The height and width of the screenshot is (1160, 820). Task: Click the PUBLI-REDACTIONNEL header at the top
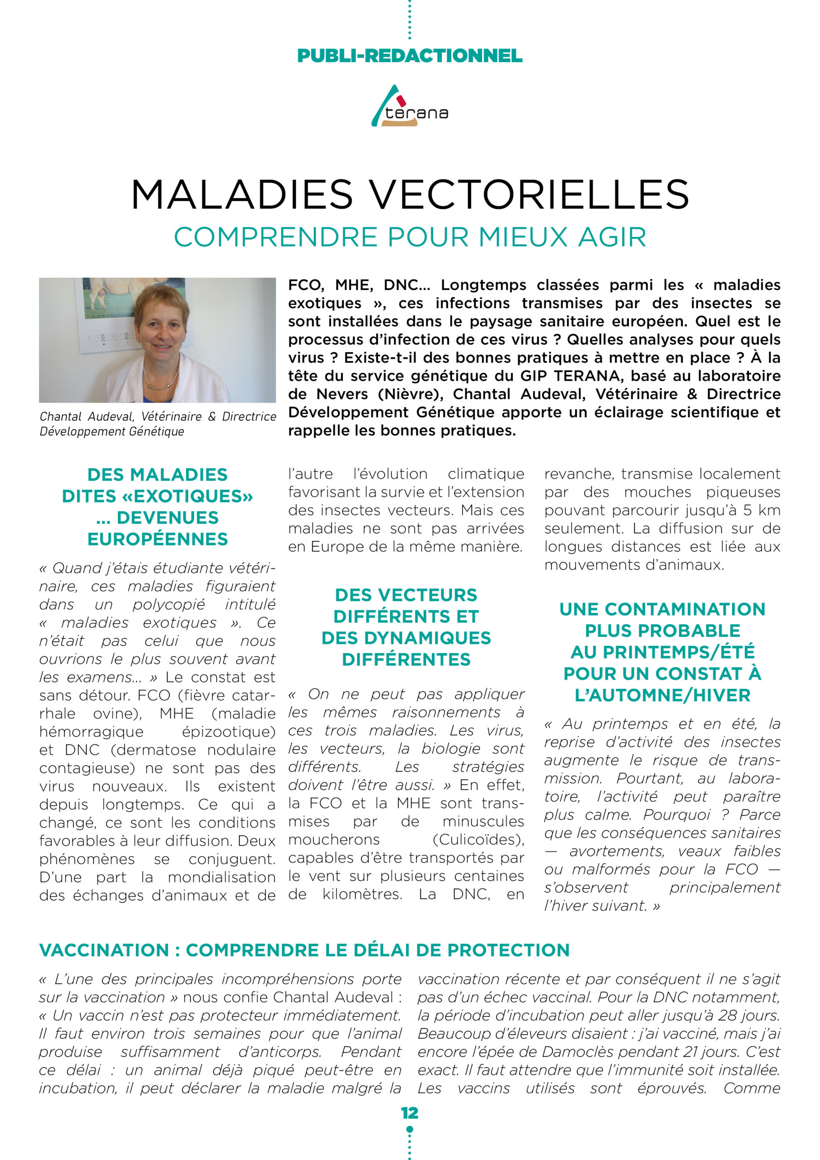pyautogui.click(x=410, y=56)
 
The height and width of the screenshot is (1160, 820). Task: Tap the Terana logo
pyautogui.click(x=410, y=107)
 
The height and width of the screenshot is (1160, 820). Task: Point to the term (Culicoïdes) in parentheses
pyautogui.click(x=478, y=840)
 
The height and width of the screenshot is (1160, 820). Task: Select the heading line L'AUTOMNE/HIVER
pyautogui.click(x=662, y=695)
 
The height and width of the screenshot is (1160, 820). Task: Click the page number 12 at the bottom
pyautogui.click(x=410, y=1113)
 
